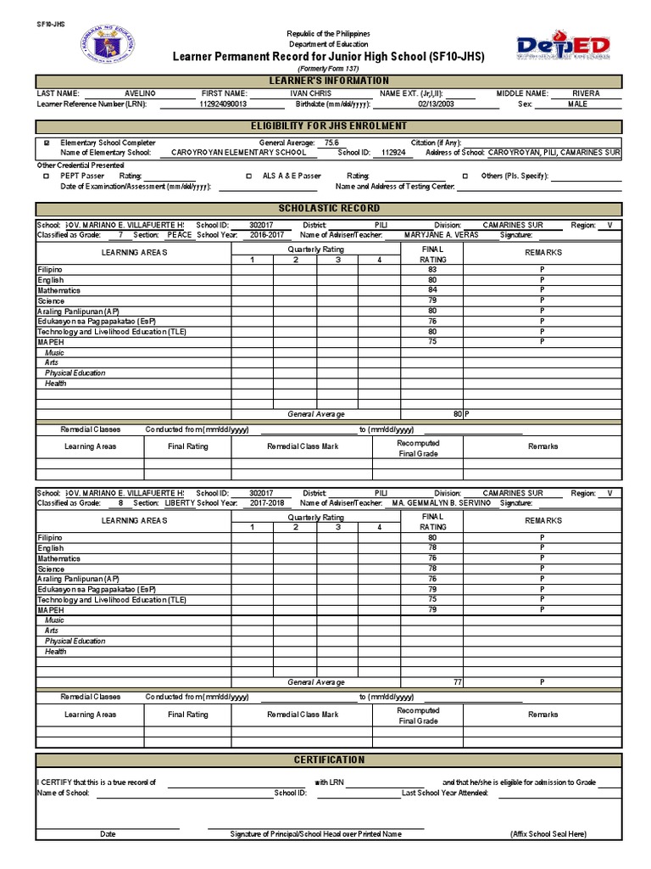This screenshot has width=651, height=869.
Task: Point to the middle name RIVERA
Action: (x=586, y=93)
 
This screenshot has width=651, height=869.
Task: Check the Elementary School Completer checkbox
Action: (x=46, y=143)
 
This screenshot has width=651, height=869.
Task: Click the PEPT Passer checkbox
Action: (x=46, y=177)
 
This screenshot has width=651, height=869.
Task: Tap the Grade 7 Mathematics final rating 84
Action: (x=432, y=290)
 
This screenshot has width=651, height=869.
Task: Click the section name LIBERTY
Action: (x=178, y=503)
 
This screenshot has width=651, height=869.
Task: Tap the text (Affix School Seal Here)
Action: (x=548, y=834)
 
